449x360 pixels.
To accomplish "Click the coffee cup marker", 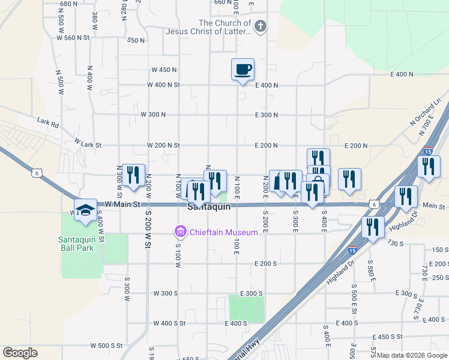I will point(243,69).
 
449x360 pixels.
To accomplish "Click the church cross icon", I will point(260,26).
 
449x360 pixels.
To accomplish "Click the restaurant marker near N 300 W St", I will point(134,175).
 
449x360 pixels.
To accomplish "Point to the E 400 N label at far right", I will point(402,74).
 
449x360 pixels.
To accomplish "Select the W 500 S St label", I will point(106,346).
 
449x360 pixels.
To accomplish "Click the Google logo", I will point(20,353).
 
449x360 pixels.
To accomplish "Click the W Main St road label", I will point(122,205).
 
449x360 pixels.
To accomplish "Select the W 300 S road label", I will point(166,293).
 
